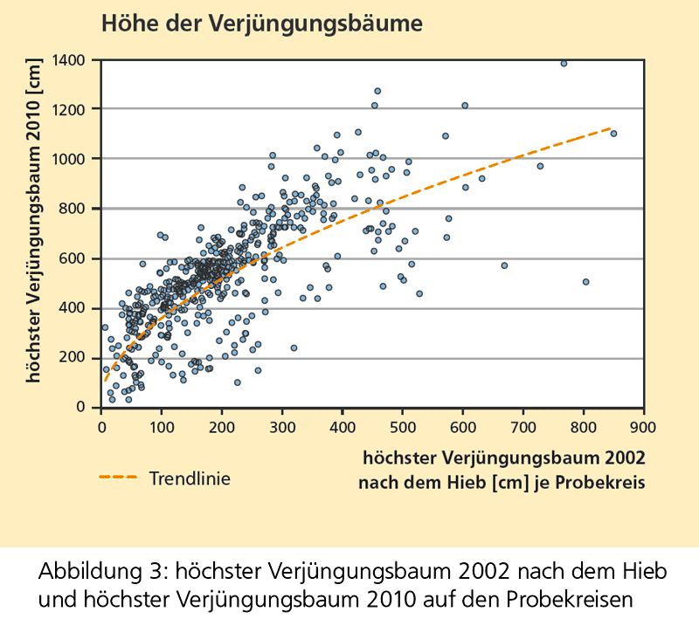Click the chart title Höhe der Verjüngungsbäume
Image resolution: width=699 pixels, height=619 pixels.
pyautogui.click(x=262, y=24)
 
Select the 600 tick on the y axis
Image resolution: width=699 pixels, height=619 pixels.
pyautogui.click(x=81, y=258)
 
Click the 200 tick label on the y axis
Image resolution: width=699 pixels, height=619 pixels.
pyautogui.click(x=81, y=358)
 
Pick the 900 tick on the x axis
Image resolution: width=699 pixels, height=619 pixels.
pyautogui.click(x=643, y=428)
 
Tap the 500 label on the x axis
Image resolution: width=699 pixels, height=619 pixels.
pyautogui.click(x=403, y=428)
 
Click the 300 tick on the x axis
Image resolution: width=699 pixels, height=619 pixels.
pyautogui.click(x=282, y=428)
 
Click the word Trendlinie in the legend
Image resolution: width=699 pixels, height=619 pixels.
pyautogui.click(x=190, y=478)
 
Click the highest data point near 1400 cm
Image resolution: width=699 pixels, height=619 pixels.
pyautogui.click(x=564, y=64)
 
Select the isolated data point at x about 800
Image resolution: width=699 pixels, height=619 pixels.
pyautogui.click(x=585, y=282)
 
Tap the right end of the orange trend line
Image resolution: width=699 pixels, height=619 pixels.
pyautogui.click(x=611, y=127)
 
